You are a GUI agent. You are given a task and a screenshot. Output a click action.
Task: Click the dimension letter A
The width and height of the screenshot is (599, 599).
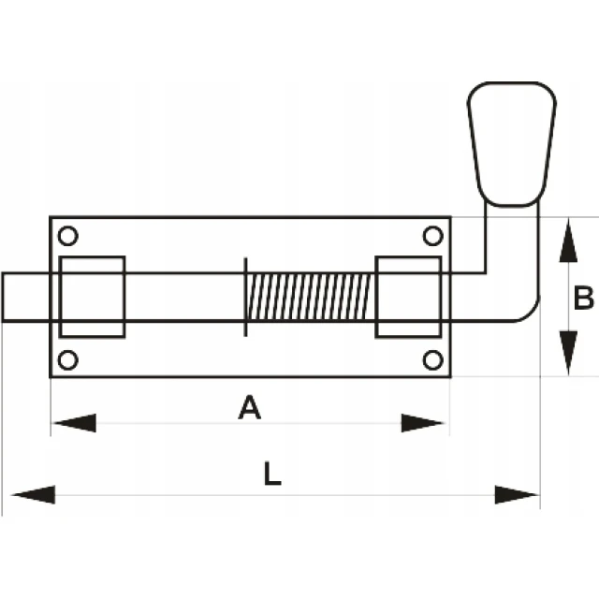[250, 408]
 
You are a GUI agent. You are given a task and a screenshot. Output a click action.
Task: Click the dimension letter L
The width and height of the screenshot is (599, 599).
[272, 474]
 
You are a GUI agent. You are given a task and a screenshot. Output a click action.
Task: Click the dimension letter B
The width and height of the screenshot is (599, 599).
[584, 298]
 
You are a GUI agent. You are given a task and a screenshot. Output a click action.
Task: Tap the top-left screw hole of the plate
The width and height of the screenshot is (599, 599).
[68, 236]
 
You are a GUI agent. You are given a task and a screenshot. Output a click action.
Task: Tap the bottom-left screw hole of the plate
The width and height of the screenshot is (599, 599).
[68, 359]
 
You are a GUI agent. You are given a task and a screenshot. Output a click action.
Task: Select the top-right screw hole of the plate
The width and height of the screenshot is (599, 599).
[432, 236]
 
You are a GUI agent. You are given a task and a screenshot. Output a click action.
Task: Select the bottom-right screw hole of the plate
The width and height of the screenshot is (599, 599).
[432, 359]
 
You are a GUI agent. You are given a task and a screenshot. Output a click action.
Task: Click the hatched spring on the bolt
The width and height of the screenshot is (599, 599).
[310, 297]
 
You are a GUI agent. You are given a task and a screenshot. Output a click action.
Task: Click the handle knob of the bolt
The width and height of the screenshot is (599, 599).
[512, 144]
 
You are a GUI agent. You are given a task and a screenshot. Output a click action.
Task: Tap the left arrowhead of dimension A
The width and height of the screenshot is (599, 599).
[74, 423]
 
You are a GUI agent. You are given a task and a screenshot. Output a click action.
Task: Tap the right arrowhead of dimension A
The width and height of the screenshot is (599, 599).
[422, 423]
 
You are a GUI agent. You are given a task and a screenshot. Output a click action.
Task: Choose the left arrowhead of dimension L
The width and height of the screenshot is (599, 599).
[34, 495]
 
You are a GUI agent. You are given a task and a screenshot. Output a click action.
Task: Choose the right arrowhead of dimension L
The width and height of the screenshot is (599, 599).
[517, 495]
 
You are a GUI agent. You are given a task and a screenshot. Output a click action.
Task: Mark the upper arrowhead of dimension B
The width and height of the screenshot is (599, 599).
[568, 241]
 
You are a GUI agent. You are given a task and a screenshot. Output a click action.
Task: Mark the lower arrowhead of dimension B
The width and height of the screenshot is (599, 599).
[568, 353]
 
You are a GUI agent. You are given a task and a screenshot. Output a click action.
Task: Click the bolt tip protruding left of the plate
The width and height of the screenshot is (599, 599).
[26, 297]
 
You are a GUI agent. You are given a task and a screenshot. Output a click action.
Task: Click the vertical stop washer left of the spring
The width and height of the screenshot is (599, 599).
[245, 297]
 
